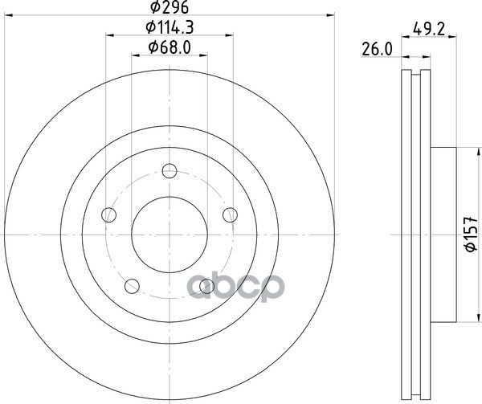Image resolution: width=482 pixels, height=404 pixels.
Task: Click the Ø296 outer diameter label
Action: click(x=170, y=7)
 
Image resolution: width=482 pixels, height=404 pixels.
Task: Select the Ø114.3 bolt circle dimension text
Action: click(x=170, y=27)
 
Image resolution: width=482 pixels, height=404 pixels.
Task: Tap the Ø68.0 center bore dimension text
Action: click(x=170, y=47)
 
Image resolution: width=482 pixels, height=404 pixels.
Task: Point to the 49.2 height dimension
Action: click(x=429, y=29)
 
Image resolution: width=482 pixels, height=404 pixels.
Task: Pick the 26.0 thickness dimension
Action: click(x=377, y=50)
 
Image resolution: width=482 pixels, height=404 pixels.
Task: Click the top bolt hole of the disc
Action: click(x=170, y=171)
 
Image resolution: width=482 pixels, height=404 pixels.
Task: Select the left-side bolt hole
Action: click(x=108, y=214)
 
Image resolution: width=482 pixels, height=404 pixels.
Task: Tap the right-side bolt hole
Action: click(x=230, y=214)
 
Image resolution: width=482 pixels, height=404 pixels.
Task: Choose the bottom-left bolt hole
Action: click(x=132, y=286)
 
